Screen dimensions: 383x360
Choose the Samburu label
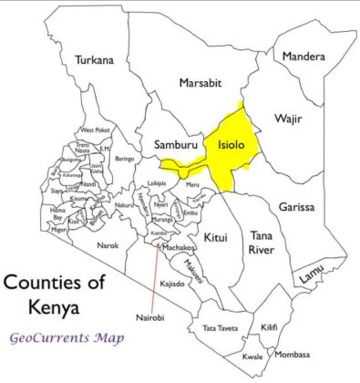click(170, 145)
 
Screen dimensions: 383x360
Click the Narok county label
click(108, 244)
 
